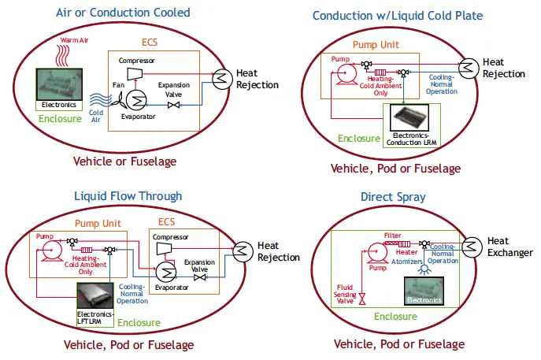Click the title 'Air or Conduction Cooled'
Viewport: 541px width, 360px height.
123,13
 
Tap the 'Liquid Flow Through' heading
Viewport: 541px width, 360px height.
128,196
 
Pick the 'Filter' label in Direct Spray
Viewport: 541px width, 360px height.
392,235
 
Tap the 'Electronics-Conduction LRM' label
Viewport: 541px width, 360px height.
413,139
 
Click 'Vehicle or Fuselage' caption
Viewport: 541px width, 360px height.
124,161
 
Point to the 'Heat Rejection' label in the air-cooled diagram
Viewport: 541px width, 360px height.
258,80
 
